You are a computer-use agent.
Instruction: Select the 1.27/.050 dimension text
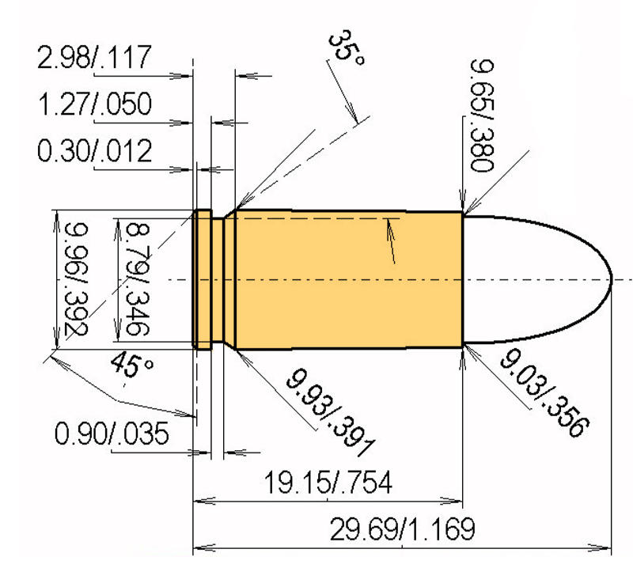click(94, 104)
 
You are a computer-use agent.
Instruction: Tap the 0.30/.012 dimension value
click(94, 150)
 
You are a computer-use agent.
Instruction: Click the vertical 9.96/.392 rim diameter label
click(75, 278)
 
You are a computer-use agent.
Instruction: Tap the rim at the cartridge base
click(203, 279)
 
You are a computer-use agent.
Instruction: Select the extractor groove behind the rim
click(217, 279)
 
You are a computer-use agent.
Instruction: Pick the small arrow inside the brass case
click(389, 229)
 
